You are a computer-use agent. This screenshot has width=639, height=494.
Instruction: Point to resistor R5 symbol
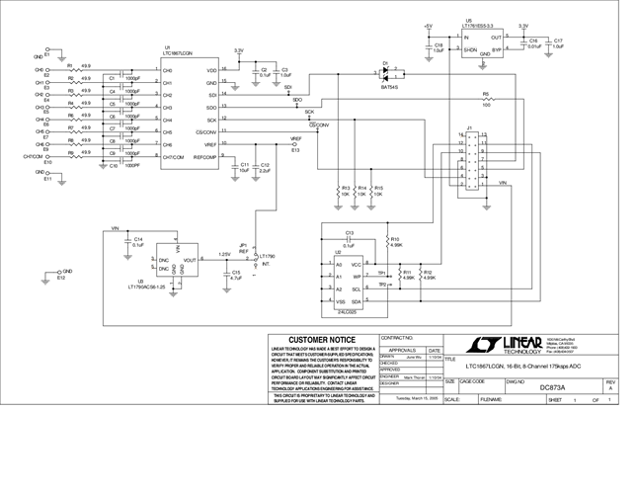point(486,103)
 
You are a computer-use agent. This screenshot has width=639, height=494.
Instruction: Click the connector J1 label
point(470,127)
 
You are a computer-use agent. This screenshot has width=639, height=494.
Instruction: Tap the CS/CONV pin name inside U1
point(205,132)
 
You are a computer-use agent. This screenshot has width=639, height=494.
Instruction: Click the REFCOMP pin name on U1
point(203,157)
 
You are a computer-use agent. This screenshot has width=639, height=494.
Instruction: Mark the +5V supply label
point(427,24)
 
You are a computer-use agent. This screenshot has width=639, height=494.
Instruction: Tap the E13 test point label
point(295,150)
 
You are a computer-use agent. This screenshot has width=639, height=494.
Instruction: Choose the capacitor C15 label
point(236,273)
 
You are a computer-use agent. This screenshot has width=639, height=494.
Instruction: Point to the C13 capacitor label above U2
point(350,233)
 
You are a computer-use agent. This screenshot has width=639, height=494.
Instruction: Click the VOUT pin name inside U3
point(190,260)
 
